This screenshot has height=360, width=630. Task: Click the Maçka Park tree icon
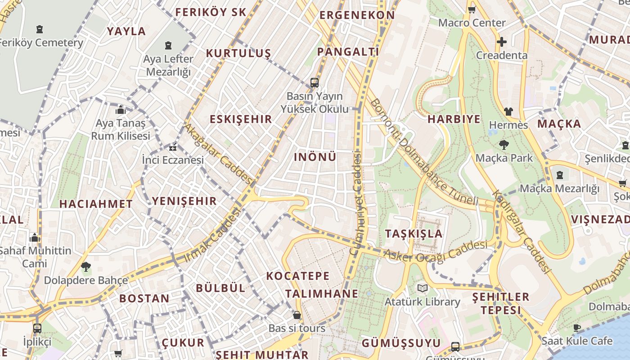(504, 145)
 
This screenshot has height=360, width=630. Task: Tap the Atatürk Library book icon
(422, 288)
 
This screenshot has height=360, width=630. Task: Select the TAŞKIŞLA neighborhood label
(414, 234)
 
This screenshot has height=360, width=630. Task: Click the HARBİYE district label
(454, 119)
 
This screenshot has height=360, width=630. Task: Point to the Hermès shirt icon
(508, 112)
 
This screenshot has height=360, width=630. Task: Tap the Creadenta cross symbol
(501, 42)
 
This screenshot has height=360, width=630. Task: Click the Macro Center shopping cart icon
(472, 9)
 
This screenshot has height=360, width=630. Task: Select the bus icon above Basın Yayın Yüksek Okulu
(315, 83)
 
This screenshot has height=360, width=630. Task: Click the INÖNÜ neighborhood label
(315, 157)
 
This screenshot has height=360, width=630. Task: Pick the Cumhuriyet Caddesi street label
(355, 205)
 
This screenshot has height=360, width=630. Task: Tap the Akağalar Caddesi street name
(219, 154)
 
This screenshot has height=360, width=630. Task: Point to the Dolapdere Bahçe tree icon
(85, 267)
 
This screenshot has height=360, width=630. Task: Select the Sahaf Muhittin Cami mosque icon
(35, 238)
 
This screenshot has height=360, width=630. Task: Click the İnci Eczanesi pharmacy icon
(172, 147)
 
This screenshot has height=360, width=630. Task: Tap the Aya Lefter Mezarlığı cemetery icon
(168, 45)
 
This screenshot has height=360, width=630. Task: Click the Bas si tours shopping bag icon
(297, 315)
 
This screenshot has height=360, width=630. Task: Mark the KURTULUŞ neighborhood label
(238, 54)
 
